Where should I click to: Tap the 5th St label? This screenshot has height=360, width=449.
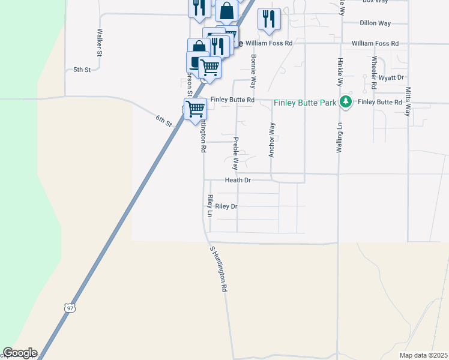tap(82, 70)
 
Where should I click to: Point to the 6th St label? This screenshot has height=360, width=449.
tap(164, 120)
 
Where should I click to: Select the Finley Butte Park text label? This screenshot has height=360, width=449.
tap(305, 103)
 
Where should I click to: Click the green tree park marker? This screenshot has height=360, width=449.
tap(345, 102)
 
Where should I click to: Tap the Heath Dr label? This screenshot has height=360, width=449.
tap(238, 180)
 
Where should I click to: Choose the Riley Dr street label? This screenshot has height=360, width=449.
tap(226, 206)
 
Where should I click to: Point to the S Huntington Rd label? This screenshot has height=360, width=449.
tap(218, 268)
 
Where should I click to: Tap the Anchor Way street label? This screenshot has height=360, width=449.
tap(272, 140)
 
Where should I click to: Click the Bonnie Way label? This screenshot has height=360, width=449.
tap(254, 70)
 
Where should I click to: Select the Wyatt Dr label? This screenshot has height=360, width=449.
tap(392, 77)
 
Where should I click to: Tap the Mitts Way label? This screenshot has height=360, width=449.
tap(408, 101)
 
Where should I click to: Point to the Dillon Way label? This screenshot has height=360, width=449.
tap(375, 23)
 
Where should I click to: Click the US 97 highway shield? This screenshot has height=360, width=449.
tap(70, 308)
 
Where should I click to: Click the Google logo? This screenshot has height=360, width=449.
tap(20, 353)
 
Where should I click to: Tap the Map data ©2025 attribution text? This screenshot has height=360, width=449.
tap(423, 355)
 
